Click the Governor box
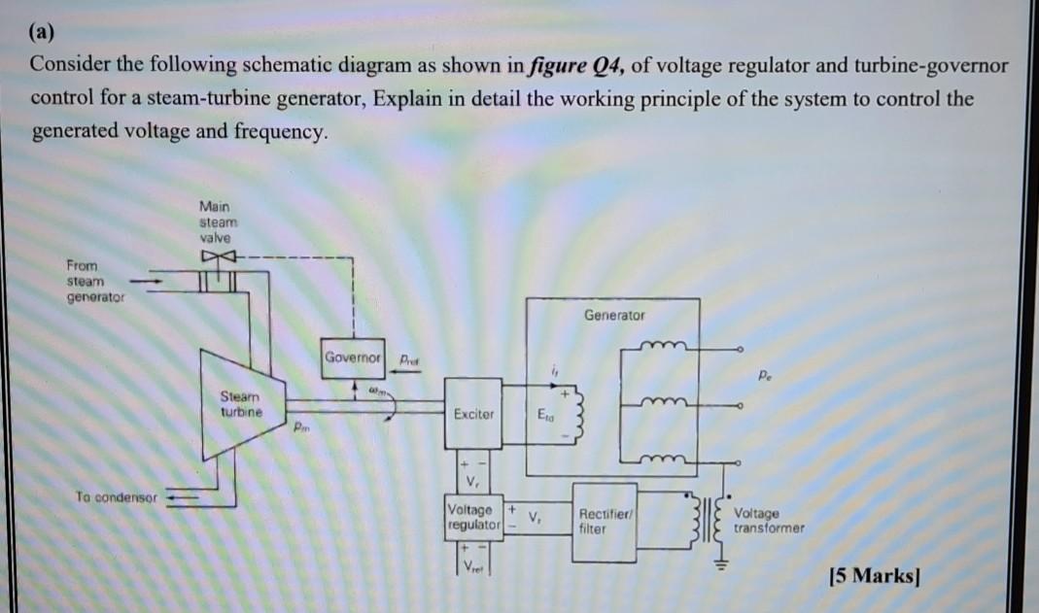tap(355, 356)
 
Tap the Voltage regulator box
tap(470, 517)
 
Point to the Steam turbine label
tap(240, 403)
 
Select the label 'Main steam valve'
tap(215, 221)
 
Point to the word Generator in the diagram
tap(613, 315)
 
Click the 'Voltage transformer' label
tap(769, 520)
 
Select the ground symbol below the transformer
tap(722, 564)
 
